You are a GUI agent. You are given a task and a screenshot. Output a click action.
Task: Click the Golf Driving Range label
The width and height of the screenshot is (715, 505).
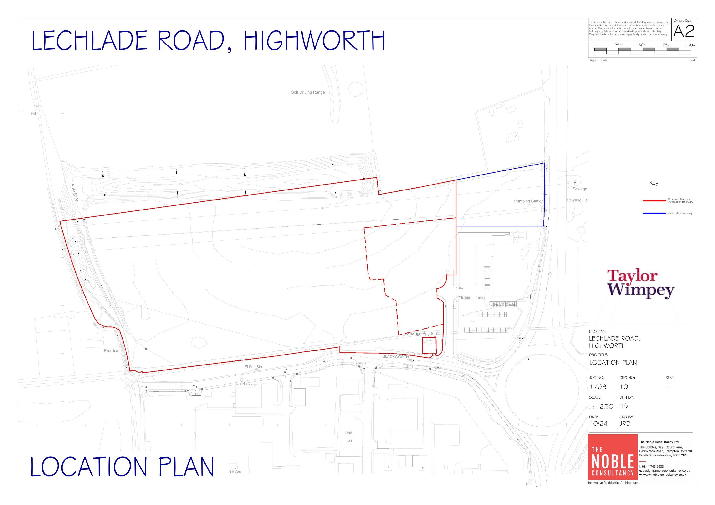[308, 92]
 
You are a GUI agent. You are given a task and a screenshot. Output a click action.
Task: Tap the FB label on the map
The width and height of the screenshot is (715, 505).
[33, 114]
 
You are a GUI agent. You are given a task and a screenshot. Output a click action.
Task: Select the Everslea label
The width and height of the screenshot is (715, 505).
[111, 351]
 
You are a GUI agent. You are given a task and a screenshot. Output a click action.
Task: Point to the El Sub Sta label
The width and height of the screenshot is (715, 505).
[253, 367]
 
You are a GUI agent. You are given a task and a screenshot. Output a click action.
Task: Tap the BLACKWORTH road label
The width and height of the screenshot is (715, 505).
[395, 357]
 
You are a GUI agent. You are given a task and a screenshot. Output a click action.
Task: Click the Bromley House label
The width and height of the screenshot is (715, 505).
[249, 385]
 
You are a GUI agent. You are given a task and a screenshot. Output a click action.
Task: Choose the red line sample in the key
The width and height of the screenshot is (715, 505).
[654, 201]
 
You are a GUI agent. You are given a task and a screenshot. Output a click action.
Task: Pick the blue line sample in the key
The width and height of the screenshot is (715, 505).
[654, 213]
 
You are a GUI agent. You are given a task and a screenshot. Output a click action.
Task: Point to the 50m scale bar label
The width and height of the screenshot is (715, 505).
[642, 45]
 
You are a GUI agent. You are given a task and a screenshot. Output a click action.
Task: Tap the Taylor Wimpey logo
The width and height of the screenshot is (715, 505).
[640, 284]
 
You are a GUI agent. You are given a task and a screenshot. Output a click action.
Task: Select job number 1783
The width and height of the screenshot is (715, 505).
[598, 387]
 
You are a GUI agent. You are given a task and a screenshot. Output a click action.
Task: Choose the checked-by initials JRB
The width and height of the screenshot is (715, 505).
[625, 424]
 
